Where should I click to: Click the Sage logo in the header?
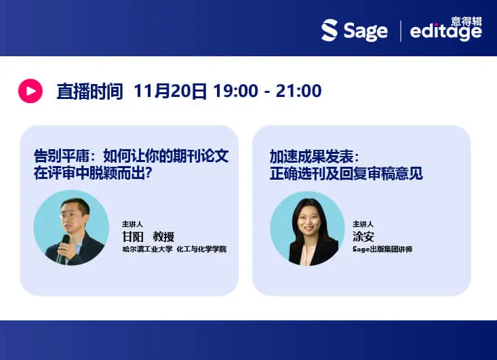355,31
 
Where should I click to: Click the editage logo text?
445,33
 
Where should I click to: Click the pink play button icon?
30,90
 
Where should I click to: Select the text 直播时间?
90,91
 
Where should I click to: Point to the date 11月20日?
170,91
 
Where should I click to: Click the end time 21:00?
298,91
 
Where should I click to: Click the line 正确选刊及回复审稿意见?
346,173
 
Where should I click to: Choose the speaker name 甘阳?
132,237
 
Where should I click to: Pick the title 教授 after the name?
163,237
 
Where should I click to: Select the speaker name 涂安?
363,237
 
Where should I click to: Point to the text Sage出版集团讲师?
382,249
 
